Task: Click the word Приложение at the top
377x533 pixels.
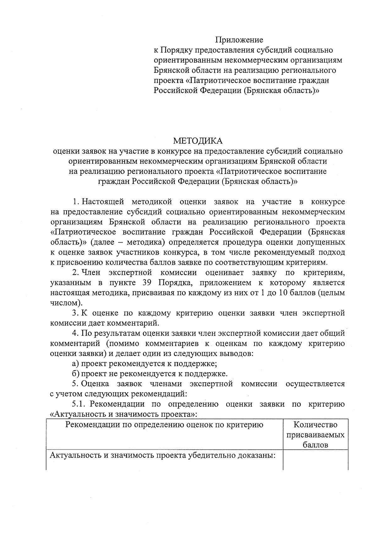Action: [x=239, y=40]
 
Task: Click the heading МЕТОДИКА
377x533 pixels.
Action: [x=198, y=141]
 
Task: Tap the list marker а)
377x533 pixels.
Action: [x=75, y=364]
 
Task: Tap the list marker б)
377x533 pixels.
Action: [x=75, y=374]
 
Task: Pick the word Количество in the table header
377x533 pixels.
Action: [x=315, y=425]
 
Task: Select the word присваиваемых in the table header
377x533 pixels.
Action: [x=315, y=435]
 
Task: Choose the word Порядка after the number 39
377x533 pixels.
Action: [x=173, y=283]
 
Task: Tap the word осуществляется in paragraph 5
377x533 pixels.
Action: [x=315, y=384]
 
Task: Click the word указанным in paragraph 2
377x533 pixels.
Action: [x=71, y=283]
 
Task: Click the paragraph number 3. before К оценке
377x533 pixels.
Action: [x=75, y=313]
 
